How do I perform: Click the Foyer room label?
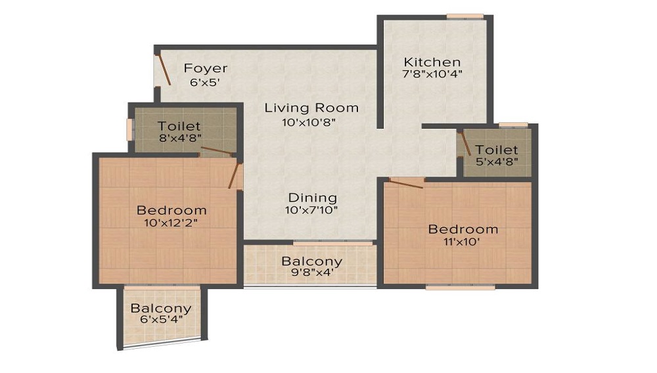click(x=205, y=68)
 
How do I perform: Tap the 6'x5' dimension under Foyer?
click(x=205, y=83)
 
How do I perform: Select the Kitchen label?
click(x=432, y=62)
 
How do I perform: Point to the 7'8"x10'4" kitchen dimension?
click(x=432, y=74)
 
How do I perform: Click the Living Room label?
click(x=311, y=108)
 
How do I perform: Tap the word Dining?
click(x=312, y=198)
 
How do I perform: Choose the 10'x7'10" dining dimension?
click(x=311, y=211)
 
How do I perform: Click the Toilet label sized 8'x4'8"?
click(x=179, y=126)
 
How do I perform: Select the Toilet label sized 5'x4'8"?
click(x=497, y=150)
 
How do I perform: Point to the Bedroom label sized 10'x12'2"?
click(x=171, y=210)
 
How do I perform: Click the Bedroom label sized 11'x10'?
click(x=463, y=229)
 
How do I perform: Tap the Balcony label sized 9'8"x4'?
click(x=311, y=261)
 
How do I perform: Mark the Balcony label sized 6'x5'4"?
click(x=161, y=308)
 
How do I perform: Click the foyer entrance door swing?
click(x=164, y=70)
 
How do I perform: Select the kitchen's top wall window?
click(x=465, y=16)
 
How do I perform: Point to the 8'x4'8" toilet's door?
click(x=216, y=152)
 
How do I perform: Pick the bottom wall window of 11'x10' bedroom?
click(x=460, y=286)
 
